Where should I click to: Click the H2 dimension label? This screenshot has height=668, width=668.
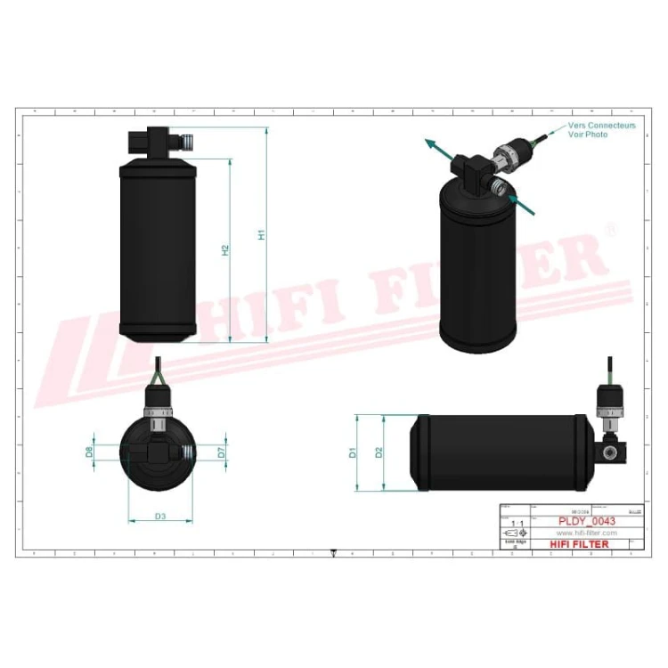225,251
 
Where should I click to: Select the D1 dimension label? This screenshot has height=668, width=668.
353,452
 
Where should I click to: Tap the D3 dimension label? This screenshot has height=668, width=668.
161,516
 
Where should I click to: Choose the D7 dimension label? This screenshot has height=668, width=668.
222,452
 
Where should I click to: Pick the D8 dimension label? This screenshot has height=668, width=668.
90,452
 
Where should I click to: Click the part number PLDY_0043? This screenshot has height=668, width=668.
586,521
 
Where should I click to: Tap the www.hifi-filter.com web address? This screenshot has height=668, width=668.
586,533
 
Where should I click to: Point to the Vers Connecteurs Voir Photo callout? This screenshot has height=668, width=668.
601,130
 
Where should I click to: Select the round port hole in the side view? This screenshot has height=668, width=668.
611,452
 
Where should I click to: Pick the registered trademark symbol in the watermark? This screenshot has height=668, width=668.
609,230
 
